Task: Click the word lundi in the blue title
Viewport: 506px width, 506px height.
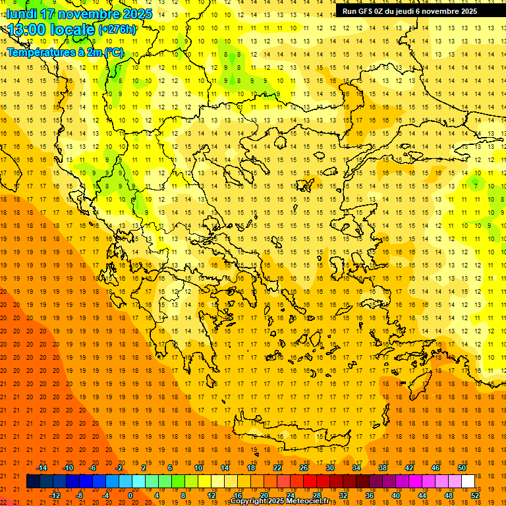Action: [x=22, y=14]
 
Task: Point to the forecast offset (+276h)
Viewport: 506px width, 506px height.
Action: [x=117, y=29]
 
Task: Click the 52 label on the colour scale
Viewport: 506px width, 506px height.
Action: [x=475, y=495]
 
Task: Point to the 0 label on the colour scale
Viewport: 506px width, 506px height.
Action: [x=130, y=495]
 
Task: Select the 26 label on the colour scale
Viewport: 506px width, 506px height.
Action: [x=304, y=468]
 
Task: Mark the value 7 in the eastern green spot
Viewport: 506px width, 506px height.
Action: [x=475, y=186]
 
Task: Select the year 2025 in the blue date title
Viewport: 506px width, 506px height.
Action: [x=137, y=14]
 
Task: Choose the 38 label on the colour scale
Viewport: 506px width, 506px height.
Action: [x=383, y=468]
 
